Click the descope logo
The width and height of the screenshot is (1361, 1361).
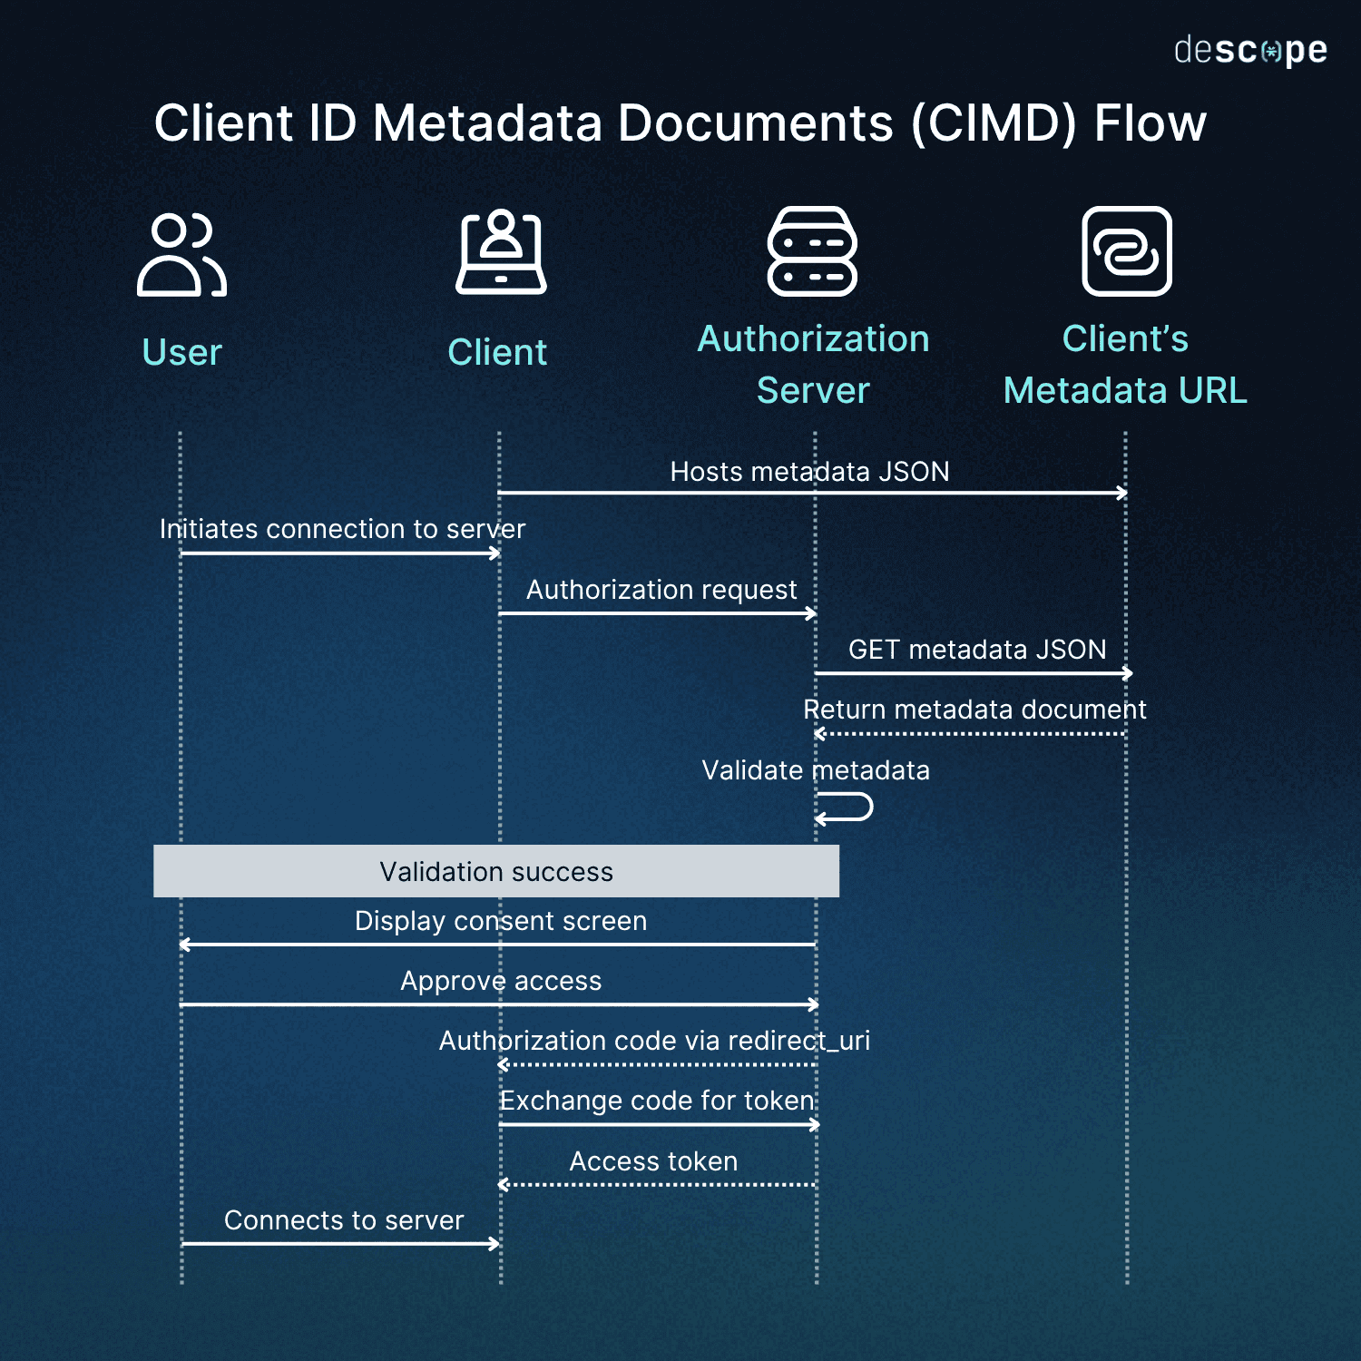[1249, 51]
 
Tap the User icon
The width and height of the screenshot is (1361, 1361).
[181, 255]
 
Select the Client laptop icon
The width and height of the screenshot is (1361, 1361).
[501, 252]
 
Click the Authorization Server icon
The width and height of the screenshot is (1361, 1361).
[812, 251]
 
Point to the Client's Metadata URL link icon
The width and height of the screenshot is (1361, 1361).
[1126, 251]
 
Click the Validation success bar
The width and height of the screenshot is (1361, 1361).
[495, 871]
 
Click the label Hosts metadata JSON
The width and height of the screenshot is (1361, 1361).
[809, 472]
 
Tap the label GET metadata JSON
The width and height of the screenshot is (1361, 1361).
[976, 650]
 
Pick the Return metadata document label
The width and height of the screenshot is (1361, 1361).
[974, 710]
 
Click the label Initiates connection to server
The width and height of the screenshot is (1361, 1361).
[342, 529]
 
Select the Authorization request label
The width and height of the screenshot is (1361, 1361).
[661, 590]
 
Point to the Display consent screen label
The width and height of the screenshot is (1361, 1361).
[500, 921]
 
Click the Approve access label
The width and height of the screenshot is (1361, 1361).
[501, 981]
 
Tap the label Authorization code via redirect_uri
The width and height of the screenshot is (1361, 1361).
[654, 1041]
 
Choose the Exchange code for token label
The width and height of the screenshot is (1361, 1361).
[657, 1101]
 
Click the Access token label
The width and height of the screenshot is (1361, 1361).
[653, 1161]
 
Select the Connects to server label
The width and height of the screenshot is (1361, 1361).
[344, 1220]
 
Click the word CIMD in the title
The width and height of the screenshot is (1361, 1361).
[994, 123]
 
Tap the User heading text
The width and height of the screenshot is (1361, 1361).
[181, 352]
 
